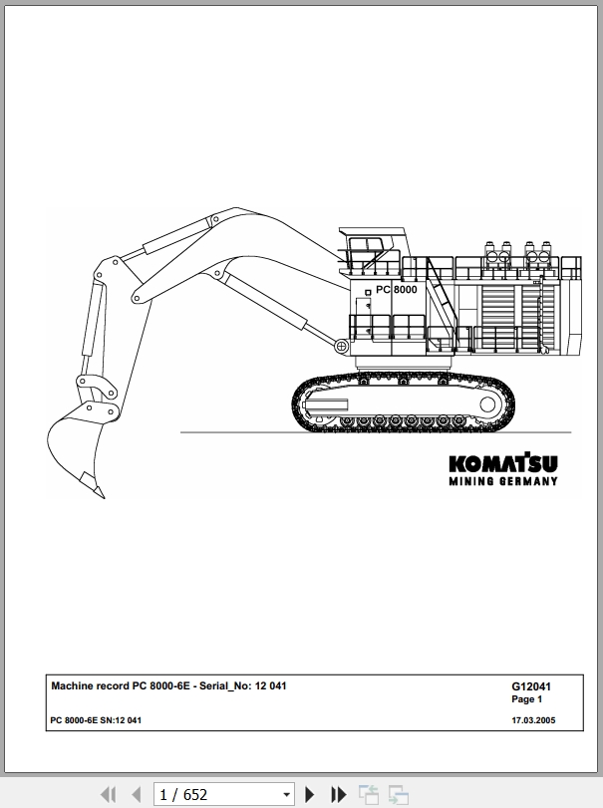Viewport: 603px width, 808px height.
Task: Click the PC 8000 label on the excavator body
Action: (397, 290)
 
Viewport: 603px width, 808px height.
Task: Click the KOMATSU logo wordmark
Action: (503, 462)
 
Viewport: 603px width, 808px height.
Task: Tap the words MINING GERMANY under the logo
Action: (503, 481)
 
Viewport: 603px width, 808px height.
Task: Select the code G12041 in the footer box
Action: (531, 686)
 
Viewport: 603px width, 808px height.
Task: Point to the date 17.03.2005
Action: (533, 720)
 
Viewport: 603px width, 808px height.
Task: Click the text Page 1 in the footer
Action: (526, 699)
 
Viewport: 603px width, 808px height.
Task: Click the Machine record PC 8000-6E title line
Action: (168, 685)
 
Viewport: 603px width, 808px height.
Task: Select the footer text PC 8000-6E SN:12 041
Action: (96, 720)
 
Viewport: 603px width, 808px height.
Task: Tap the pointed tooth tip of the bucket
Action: (103, 496)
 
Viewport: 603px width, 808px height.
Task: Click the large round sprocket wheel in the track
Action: (487, 404)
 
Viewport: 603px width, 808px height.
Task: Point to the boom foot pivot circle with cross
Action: (341, 347)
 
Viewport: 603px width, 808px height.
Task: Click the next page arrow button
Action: (310, 794)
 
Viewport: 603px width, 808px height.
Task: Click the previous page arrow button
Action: (137, 794)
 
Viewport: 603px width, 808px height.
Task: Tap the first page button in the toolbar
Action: (109, 794)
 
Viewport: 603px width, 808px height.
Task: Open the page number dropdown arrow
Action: (287, 795)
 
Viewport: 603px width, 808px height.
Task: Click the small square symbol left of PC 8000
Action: (368, 293)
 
